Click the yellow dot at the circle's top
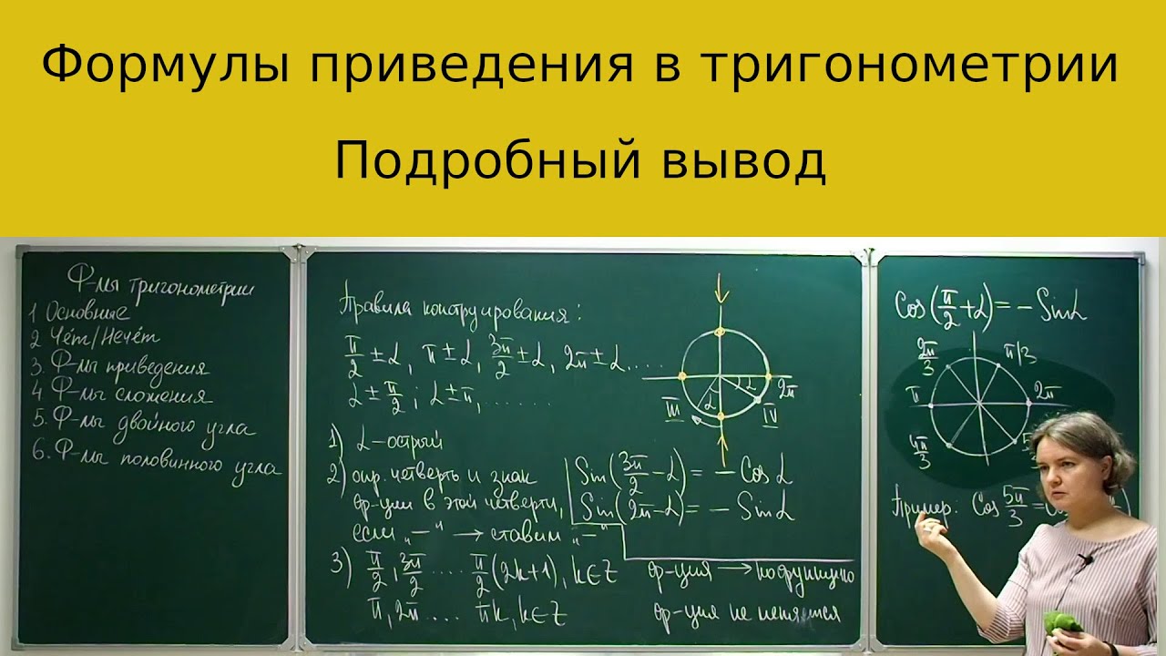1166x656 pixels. pyautogui.click(x=720, y=331)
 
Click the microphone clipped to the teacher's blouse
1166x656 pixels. pyautogui.click(x=1085, y=559)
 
